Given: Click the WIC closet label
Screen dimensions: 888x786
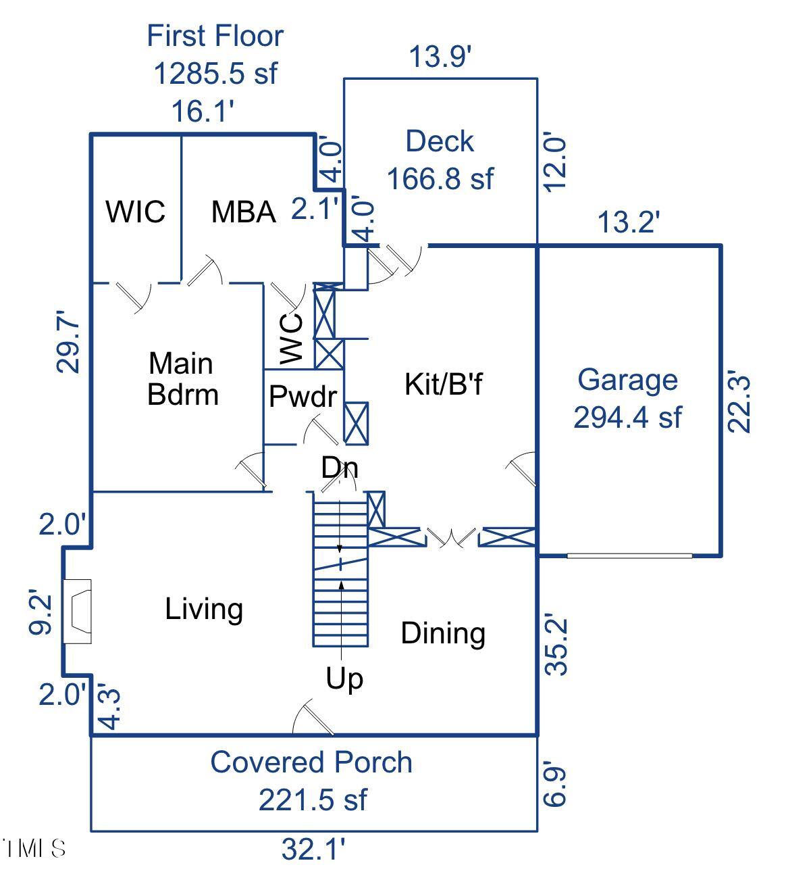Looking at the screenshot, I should pyautogui.click(x=135, y=212).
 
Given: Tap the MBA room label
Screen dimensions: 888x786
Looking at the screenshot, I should pyautogui.click(x=243, y=212).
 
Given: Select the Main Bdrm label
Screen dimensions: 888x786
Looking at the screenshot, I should pyautogui.click(x=182, y=379).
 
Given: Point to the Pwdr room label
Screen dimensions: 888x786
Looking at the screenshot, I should pyautogui.click(x=302, y=397).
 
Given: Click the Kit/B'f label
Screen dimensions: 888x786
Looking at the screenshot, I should pyautogui.click(x=444, y=384).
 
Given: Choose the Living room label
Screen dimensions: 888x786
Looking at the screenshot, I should pyautogui.click(x=204, y=609).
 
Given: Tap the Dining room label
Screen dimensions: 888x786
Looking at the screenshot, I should pyautogui.click(x=443, y=633).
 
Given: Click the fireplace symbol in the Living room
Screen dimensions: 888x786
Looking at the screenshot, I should pyautogui.click(x=77, y=611).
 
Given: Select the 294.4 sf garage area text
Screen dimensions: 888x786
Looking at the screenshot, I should pyautogui.click(x=627, y=418).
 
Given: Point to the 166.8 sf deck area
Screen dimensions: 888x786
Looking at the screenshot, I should pyautogui.click(x=440, y=179).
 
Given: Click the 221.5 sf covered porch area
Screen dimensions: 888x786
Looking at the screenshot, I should pyautogui.click(x=313, y=799).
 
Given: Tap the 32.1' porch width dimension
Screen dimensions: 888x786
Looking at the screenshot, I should pyautogui.click(x=313, y=849).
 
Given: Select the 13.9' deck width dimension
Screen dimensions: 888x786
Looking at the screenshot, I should pyautogui.click(x=440, y=57).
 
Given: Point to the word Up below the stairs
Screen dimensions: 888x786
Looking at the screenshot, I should pyautogui.click(x=344, y=678).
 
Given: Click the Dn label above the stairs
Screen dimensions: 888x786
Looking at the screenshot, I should pyautogui.click(x=339, y=468).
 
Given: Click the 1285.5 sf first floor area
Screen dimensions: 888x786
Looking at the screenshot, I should pyautogui.click(x=215, y=73).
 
